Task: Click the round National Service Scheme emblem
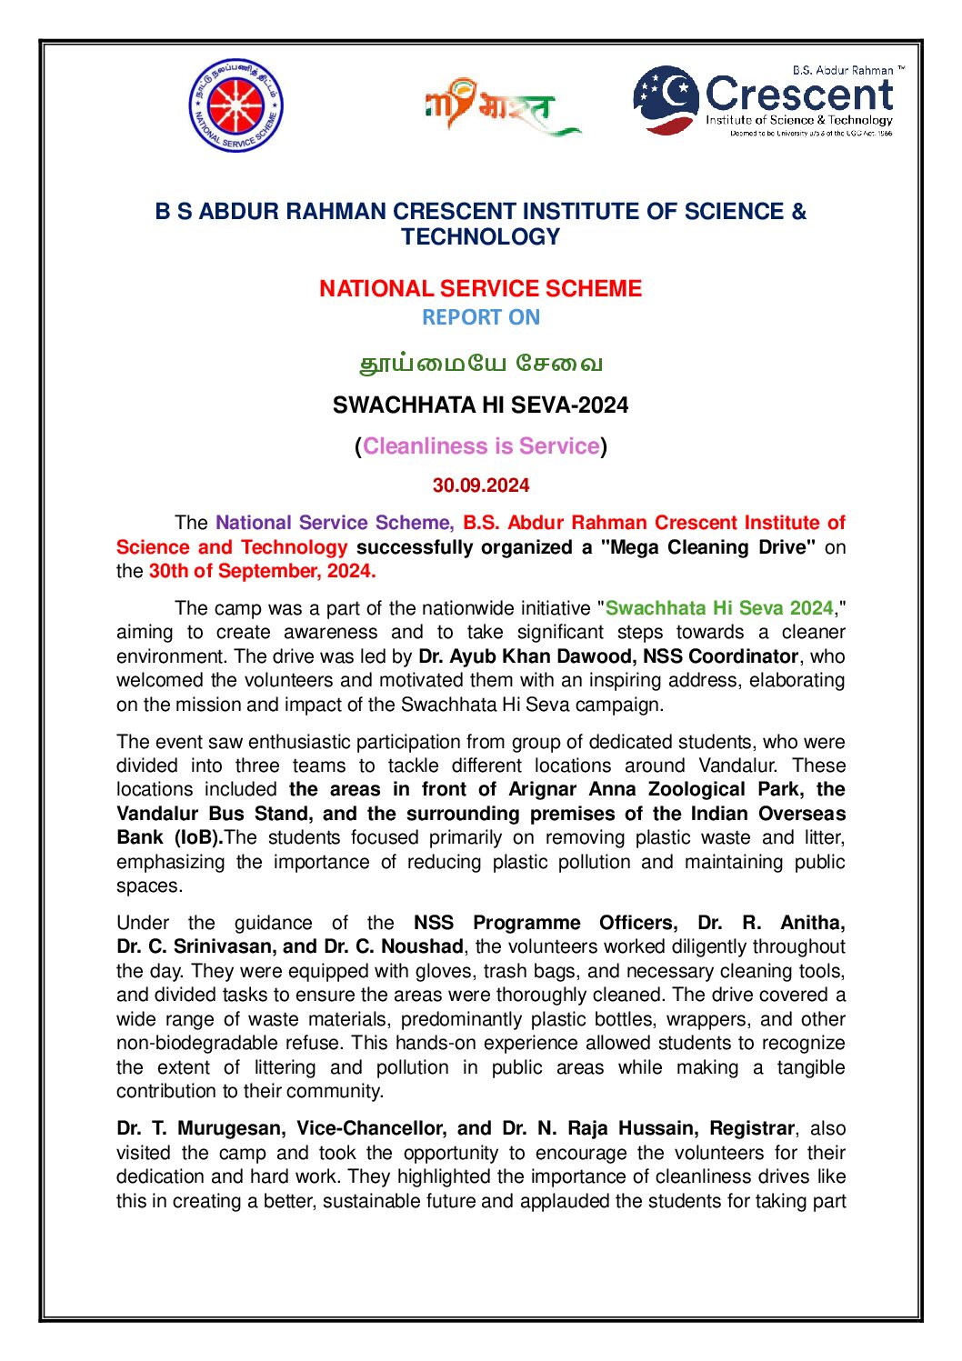click(x=235, y=105)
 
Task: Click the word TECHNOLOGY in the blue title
click(x=480, y=237)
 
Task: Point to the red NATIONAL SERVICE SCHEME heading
click(x=480, y=289)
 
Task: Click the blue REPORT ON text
click(x=480, y=318)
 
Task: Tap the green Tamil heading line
click(x=480, y=364)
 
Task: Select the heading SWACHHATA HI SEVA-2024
click(x=480, y=405)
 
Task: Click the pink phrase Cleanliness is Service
click(x=481, y=446)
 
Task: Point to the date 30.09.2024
click(x=480, y=486)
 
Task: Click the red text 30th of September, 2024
click(x=262, y=572)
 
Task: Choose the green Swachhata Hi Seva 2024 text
click(x=719, y=608)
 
